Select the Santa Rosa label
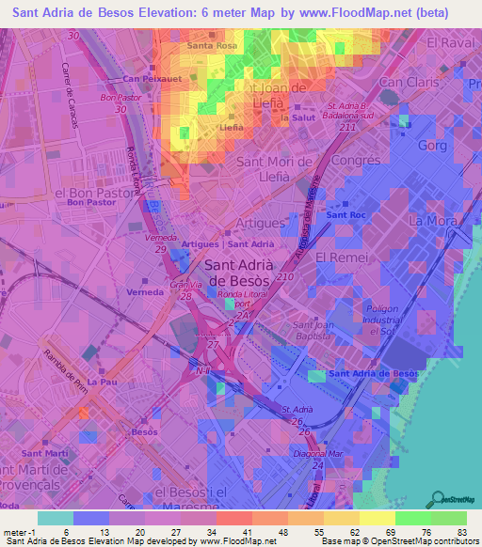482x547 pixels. (212, 45)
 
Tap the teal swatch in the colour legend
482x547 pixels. (55, 517)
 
